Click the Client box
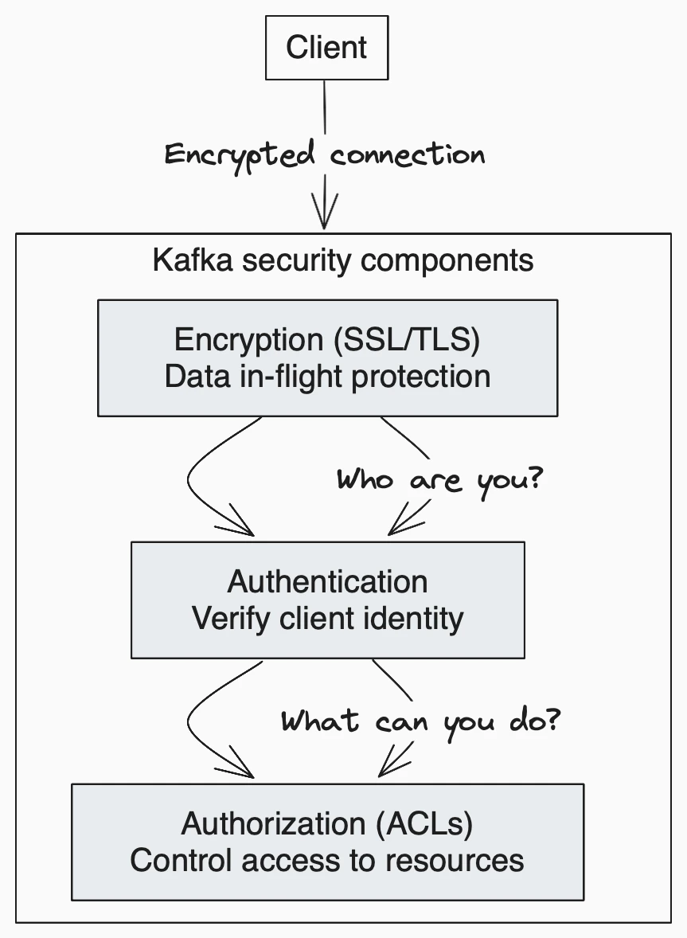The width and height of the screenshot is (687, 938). tap(326, 47)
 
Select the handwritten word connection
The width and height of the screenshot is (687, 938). tap(407, 154)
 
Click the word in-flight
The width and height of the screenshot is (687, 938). tap(291, 376)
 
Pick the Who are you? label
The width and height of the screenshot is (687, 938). tap(439, 481)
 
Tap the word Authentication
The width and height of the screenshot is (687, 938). tap(327, 581)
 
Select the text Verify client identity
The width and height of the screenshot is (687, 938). tap(327, 618)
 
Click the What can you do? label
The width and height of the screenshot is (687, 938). tap(421, 721)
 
